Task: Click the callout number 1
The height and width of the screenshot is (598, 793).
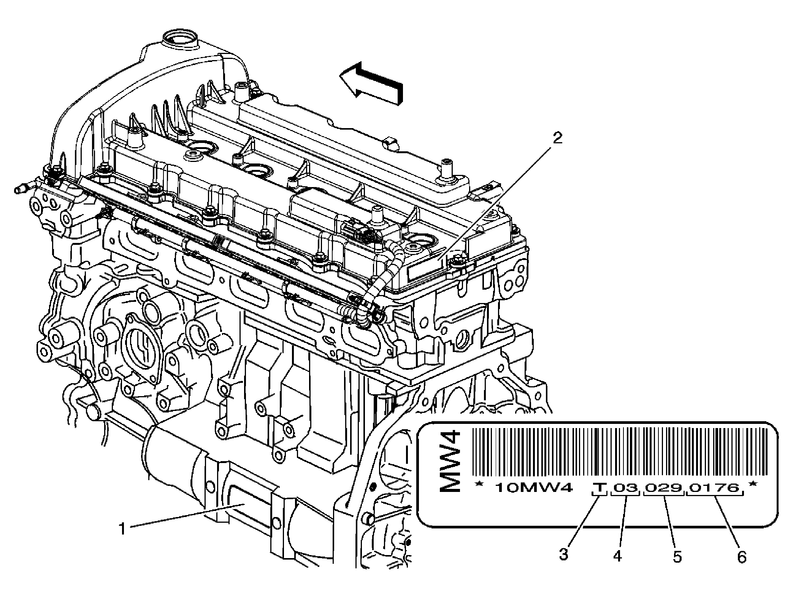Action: click(122, 529)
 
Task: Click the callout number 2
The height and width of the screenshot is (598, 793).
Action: click(557, 138)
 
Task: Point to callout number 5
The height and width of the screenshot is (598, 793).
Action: click(677, 557)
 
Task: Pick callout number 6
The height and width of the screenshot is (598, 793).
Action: click(742, 557)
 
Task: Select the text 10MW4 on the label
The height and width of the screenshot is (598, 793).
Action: click(533, 487)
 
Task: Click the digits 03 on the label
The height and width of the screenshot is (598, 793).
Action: click(625, 487)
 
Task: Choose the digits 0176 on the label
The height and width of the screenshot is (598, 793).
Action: click(714, 487)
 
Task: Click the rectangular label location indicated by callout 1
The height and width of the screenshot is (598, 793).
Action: click(249, 500)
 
